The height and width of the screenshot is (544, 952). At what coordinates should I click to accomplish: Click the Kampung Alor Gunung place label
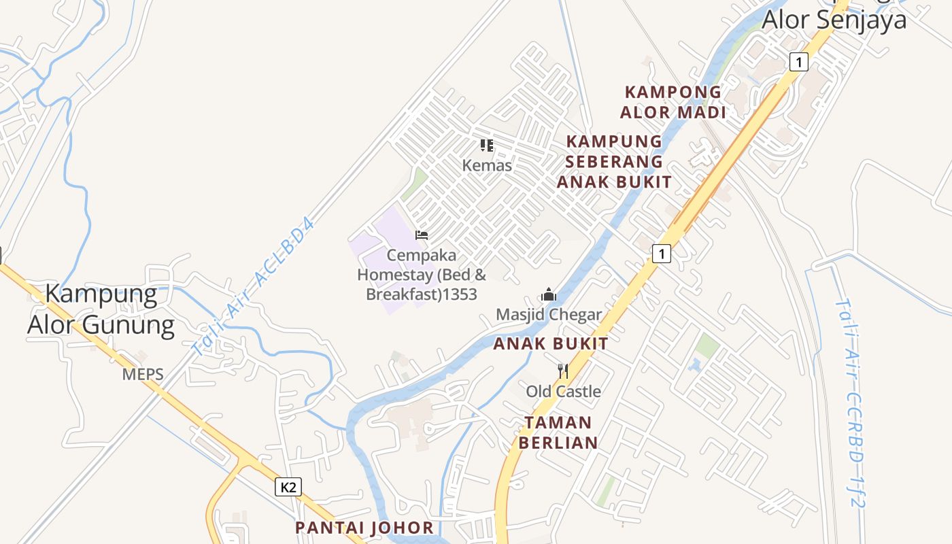click(101, 309)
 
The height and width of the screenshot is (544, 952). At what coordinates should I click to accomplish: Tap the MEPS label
click(143, 374)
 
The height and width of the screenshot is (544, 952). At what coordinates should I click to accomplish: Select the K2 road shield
click(288, 487)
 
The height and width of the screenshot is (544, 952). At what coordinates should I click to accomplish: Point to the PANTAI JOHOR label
click(364, 528)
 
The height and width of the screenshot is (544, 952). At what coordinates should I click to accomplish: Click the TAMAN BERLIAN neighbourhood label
click(558, 432)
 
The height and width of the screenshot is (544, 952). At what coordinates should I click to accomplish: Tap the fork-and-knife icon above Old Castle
click(563, 371)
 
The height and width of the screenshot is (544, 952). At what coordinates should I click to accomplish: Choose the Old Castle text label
click(563, 391)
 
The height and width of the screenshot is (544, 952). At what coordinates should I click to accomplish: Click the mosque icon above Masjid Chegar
click(549, 295)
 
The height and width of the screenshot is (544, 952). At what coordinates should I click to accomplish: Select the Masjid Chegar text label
click(549, 314)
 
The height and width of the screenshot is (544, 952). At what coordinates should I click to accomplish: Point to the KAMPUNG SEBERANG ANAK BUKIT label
click(614, 161)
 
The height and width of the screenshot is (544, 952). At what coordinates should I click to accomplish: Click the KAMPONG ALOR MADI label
click(673, 102)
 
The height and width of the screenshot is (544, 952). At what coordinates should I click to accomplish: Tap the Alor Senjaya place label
click(834, 19)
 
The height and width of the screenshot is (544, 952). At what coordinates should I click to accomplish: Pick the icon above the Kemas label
click(487, 145)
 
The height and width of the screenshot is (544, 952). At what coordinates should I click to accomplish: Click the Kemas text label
click(487, 165)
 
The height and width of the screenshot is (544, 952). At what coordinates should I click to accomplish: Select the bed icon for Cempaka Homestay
click(422, 235)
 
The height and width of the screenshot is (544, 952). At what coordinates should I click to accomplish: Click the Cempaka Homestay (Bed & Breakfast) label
click(422, 275)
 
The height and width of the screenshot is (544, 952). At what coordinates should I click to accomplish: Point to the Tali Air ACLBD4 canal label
click(255, 286)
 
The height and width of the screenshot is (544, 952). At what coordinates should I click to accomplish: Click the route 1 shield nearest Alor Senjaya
click(799, 62)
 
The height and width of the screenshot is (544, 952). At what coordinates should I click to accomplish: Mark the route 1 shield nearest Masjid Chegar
click(661, 254)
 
